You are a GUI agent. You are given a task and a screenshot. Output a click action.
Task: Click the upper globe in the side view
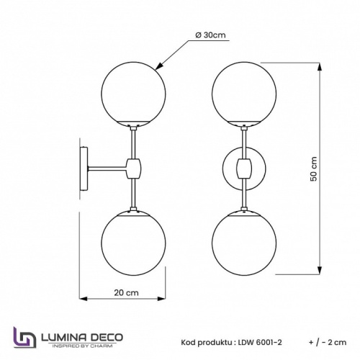[134, 90]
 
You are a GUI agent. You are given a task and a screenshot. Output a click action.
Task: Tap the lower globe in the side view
[134, 243]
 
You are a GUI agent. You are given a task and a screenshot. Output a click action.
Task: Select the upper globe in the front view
[244, 90]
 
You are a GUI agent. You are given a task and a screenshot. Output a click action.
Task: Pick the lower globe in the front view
[244, 243]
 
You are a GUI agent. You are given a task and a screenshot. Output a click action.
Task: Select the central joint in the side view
[133, 168]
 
